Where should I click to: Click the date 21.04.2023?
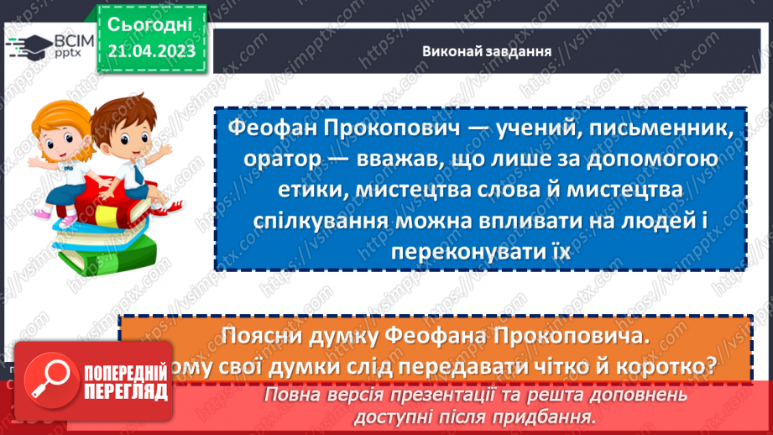pyautogui.click(x=151, y=51)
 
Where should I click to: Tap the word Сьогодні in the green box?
pyautogui.click(x=151, y=23)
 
